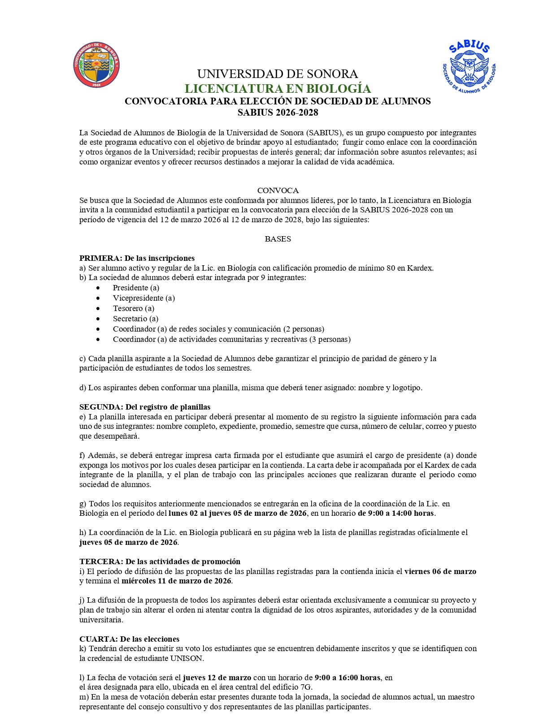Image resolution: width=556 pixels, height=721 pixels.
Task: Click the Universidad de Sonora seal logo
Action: (x=96, y=65)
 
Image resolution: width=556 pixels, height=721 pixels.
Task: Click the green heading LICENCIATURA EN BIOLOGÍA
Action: (x=278, y=88)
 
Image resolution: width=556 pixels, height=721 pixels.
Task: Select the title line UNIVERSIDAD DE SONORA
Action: (x=278, y=74)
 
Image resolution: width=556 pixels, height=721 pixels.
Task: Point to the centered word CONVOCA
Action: (x=278, y=190)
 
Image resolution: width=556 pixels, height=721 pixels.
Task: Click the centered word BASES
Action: (x=278, y=239)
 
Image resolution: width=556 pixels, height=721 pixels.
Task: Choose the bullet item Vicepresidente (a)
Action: (x=144, y=298)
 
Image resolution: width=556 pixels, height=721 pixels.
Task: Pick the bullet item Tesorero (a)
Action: (x=134, y=308)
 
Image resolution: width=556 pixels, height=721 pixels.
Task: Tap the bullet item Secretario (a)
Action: (x=136, y=319)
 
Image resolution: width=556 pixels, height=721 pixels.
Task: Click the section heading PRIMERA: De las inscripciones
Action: (x=137, y=258)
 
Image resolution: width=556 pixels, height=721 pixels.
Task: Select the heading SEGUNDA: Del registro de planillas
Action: (x=145, y=407)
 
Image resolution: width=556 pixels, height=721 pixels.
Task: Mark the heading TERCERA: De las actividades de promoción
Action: (x=160, y=561)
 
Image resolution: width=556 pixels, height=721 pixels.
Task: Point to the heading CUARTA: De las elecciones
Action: (x=129, y=639)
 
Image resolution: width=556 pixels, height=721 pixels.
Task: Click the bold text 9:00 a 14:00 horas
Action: (x=396, y=513)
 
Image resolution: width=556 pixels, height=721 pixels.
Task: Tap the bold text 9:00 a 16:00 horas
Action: (x=347, y=678)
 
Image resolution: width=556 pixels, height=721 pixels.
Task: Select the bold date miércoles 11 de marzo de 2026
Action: (x=176, y=581)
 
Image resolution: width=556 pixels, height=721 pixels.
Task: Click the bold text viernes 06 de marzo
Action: (x=440, y=571)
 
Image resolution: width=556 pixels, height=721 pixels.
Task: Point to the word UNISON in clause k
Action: (x=187, y=658)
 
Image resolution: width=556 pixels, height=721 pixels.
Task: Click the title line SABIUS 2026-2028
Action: (x=278, y=112)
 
